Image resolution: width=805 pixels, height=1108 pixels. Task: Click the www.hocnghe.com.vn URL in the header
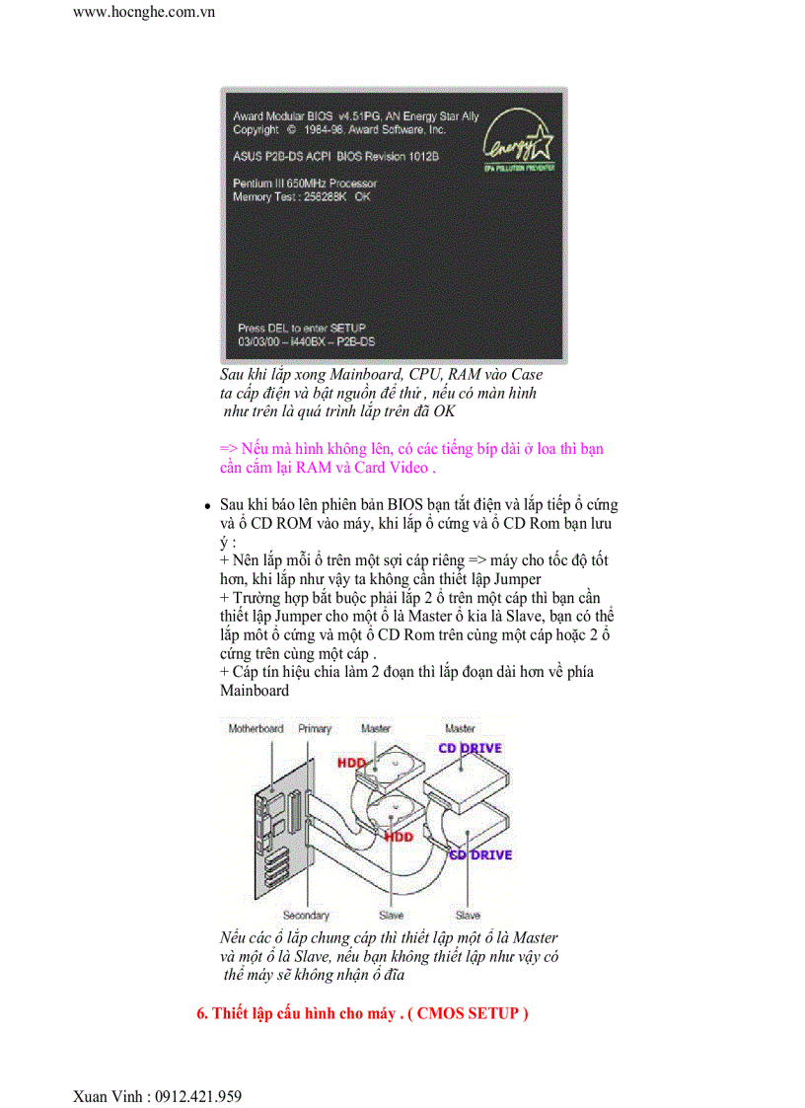tap(144, 13)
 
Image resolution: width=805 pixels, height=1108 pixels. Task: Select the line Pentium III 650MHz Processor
tap(305, 184)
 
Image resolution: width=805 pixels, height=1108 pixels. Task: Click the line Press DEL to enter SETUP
tap(302, 328)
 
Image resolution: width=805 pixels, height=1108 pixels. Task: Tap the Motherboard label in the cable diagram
tap(256, 729)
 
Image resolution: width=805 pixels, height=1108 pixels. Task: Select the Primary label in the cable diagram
tap(315, 729)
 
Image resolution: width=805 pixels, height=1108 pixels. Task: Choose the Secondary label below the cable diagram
tap(306, 916)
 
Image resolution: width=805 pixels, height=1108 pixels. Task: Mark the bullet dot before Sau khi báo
tap(208, 505)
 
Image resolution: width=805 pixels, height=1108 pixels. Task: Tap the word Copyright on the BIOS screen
tap(256, 129)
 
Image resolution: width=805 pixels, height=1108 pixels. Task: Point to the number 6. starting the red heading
tap(202, 1013)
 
